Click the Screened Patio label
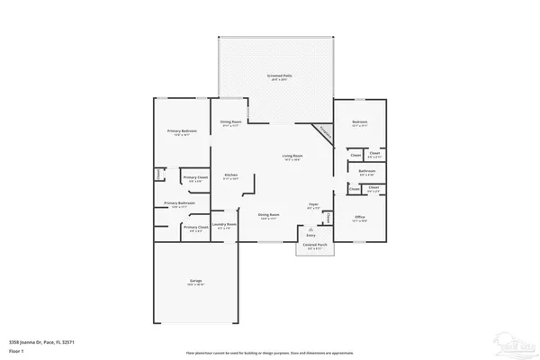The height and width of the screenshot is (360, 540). click(277, 76)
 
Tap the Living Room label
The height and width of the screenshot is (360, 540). click(292, 157)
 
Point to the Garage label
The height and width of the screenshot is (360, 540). click(195, 282)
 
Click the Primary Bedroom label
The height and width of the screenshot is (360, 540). click(182, 131)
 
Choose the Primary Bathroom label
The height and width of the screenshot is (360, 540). click(180, 203)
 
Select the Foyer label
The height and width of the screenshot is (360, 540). click(313, 206)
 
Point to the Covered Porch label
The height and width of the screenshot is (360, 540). click(315, 245)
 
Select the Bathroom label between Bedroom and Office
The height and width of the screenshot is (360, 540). click(367, 171)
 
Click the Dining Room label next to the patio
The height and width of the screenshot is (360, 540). click(231, 121)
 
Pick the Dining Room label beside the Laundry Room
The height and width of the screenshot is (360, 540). click(269, 215)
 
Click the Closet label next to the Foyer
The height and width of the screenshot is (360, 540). click(328, 218)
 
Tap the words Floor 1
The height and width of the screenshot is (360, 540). click(15, 349)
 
